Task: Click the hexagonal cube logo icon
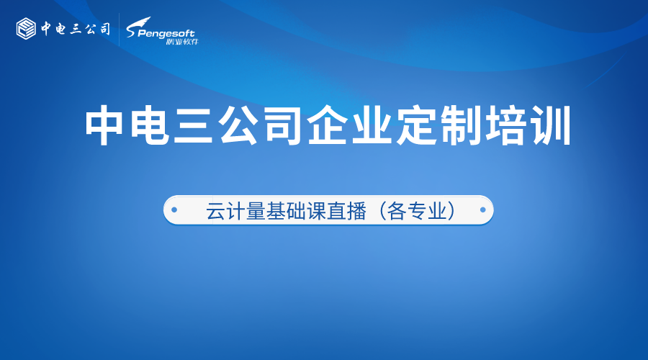pos(27,29)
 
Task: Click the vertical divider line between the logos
pos(119,30)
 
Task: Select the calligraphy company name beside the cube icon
pos(75,29)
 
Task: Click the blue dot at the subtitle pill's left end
pos(173,211)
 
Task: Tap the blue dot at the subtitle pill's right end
pos(483,211)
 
